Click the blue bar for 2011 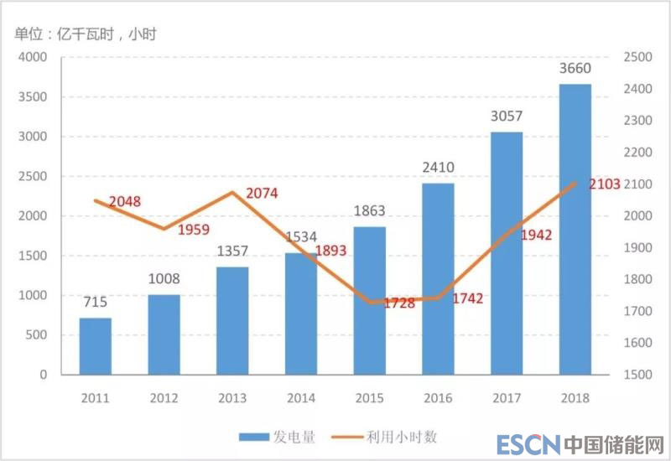click(x=96, y=346)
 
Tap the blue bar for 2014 click(x=301, y=313)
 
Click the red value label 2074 click(x=262, y=194)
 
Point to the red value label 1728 click(x=399, y=303)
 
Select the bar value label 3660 click(x=575, y=69)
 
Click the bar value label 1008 click(x=164, y=279)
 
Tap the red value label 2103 click(x=605, y=184)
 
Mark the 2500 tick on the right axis click(x=638, y=57)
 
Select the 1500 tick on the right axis click(x=638, y=375)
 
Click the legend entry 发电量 click(x=277, y=437)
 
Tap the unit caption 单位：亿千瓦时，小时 click(x=85, y=34)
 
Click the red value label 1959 click(x=194, y=229)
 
